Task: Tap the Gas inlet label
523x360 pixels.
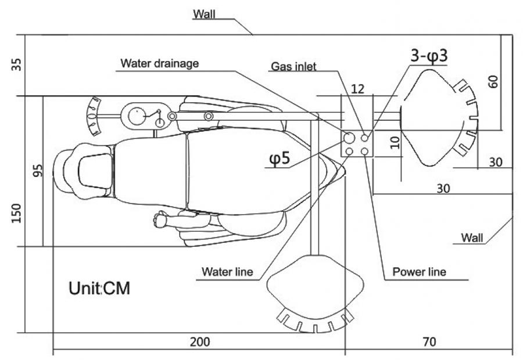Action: click(293, 67)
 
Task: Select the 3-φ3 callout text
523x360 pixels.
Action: click(427, 56)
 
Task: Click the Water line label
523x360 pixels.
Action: click(227, 271)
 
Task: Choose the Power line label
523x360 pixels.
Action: click(419, 271)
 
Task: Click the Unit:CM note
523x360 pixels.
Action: click(99, 288)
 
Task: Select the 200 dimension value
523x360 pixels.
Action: click(200, 342)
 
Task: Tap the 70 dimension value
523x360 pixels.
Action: click(428, 342)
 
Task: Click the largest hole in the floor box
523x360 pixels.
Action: click(349, 138)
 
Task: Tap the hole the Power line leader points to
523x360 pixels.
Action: click(365, 152)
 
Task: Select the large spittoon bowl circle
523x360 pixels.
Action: click(138, 115)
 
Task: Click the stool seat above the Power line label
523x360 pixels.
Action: click(316, 287)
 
